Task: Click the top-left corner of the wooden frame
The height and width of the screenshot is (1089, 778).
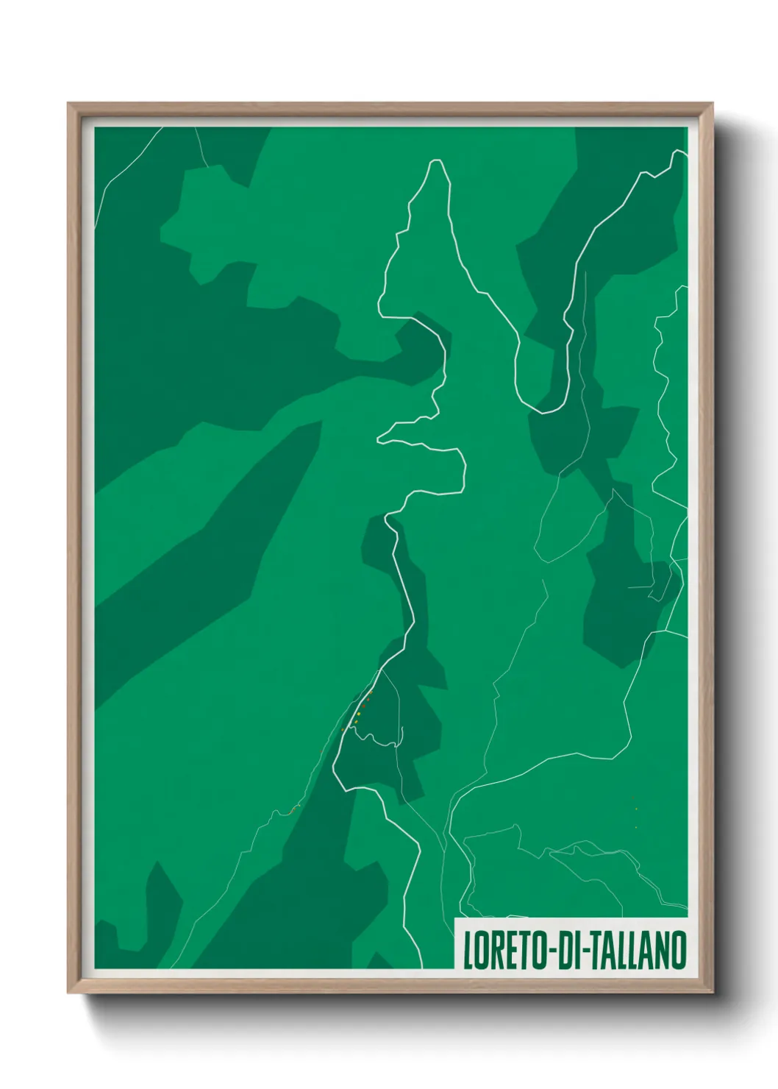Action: pos(68,104)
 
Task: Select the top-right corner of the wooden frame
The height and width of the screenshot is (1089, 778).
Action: pos(713,104)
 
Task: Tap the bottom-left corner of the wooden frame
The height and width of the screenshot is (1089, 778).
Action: pos(68,993)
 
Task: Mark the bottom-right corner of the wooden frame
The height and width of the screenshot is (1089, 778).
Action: pos(713,993)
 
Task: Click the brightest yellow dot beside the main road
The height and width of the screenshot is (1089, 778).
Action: pos(358,714)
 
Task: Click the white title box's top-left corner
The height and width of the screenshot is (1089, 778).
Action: pos(455,919)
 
